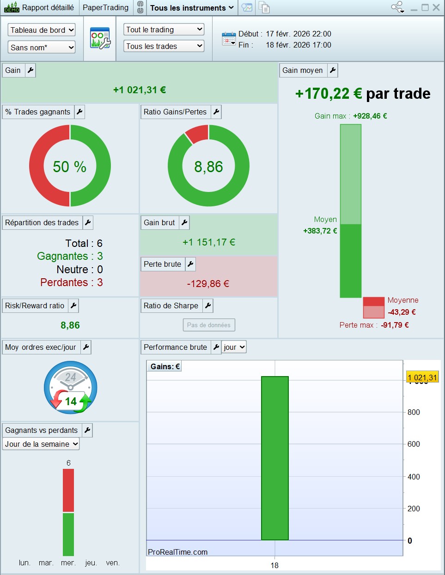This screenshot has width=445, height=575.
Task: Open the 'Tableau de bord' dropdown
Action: (42, 30)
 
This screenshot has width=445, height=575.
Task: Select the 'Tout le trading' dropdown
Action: (164, 30)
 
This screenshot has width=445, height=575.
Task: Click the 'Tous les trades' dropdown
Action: (164, 46)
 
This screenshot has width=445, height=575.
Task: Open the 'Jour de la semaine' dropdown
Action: (41, 444)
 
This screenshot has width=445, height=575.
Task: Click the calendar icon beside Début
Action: (229, 39)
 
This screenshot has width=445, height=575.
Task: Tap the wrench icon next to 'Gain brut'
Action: (184, 222)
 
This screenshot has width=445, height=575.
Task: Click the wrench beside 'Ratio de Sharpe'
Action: (208, 305)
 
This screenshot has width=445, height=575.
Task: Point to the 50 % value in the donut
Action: (69, 167)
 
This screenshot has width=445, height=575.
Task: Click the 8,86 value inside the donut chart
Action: (208, 167)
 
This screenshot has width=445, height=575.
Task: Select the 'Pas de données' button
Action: (209, 325)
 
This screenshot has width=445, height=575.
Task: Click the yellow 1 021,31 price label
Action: (422, 377)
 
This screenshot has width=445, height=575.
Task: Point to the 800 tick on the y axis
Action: (414, 412)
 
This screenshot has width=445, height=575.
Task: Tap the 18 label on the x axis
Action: (274, 565)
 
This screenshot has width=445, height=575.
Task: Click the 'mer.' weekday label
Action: (68, 563)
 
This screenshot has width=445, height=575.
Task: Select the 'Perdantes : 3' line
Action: (72, 282)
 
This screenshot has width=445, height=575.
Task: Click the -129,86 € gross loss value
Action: (208, 284)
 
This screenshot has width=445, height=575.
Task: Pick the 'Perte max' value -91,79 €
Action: (395, 325)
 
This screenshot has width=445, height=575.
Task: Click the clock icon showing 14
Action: (70, 387)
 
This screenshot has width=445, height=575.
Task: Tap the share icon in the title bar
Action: (397, 7)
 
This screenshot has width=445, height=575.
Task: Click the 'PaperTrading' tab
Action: (105, 7)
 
